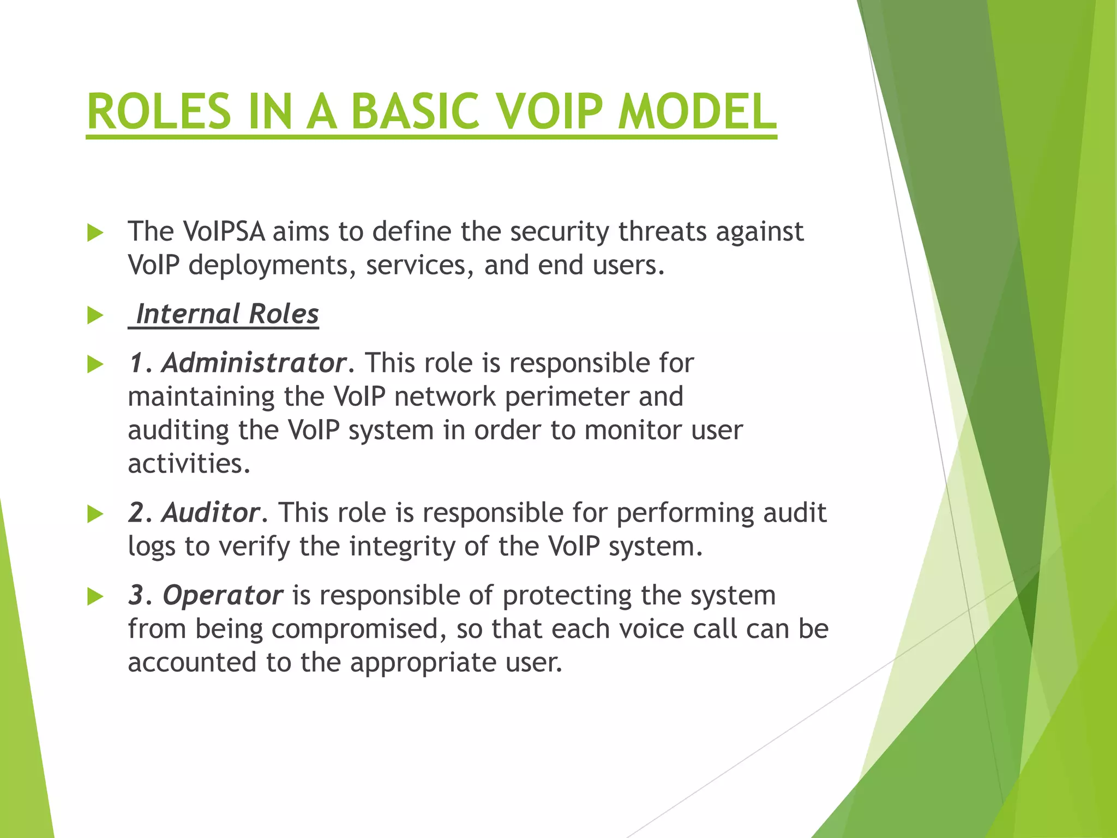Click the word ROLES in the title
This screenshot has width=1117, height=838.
[x=159, y=111]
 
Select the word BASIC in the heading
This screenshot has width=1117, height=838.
[x=415, y=111]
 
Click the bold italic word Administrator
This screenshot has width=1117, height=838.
[x=254, y=363]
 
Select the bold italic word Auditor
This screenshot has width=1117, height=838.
[x=211, y=513]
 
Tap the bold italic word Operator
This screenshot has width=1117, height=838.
[x=223, y=595]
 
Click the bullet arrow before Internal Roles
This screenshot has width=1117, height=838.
[x=95, y=315]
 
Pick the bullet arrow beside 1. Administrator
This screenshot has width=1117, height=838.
[x=95, y=364]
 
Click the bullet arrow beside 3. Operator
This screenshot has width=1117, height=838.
[x=95, y=597]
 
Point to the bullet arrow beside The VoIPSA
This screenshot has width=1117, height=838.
[x=95, y=233]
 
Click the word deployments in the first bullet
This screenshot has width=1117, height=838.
[x=271, y=266]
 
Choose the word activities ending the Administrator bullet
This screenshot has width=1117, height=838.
[x=188, y=464]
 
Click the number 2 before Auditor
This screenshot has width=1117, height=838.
[x=136, y=513]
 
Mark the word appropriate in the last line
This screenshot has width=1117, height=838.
[x=423, y=663]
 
